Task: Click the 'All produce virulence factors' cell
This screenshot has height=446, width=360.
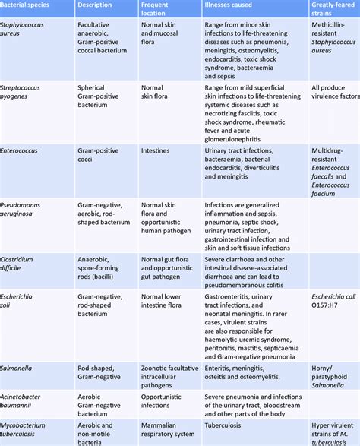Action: pos(334,93)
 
